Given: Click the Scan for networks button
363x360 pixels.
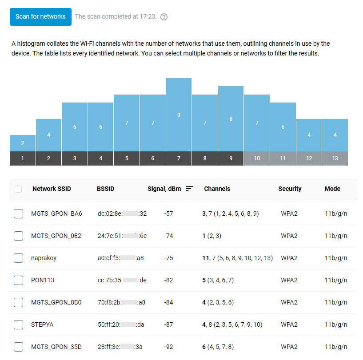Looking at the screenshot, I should [x=40, y=16].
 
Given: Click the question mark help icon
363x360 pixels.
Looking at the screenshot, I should [x=164, y=17].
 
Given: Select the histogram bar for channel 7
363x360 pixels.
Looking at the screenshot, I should [x=179, y=115].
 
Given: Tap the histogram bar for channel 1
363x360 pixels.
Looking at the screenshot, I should [x=22, y=143].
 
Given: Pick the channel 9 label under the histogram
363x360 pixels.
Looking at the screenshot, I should [x=231, y=158].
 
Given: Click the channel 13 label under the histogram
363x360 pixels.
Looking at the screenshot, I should [x=335, y=158].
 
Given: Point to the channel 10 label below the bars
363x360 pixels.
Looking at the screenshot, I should [x=257, y=158].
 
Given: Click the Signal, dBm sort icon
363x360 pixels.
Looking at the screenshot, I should [x=190, y=189].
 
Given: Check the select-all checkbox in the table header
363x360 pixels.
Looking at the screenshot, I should [x=18, y=189].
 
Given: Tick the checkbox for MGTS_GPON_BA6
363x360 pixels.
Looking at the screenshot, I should [x=18, y=214].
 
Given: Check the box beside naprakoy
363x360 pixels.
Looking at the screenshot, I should [x=18, y=258].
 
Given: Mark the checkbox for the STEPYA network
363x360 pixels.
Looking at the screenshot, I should [x=18, y=324].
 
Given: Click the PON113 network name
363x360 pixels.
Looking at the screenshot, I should [x=42, y=280].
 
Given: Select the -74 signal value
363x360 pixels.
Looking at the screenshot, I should [x=168, y=236].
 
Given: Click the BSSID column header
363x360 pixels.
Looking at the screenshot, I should [x=105, y=189].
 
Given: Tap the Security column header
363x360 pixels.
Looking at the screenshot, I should [x=290, y=189].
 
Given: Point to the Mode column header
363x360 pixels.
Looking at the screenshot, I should [x=332, y=189].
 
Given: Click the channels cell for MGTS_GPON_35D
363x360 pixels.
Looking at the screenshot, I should [x=218, y=347].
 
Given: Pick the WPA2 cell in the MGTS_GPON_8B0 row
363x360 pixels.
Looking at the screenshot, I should [x=289, y=302].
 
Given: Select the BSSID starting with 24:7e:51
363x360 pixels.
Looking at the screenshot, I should [x=122, y=236].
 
